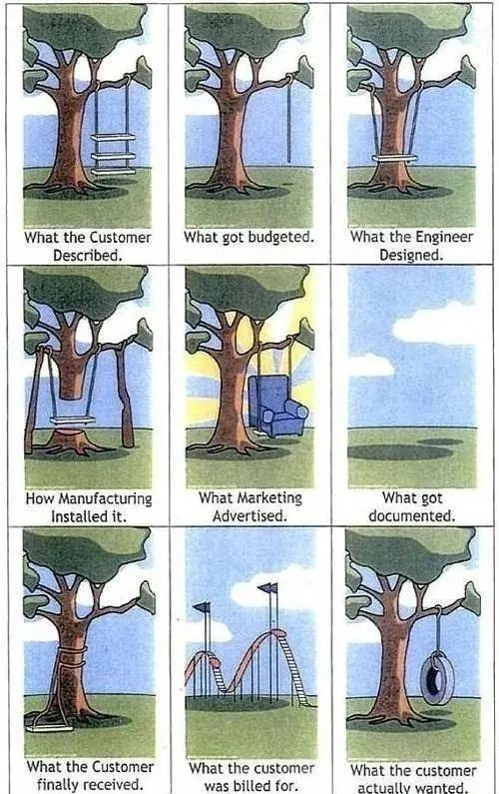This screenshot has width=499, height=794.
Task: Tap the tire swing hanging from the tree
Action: pos(437,678)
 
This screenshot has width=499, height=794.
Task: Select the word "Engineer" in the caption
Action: pos(444,237)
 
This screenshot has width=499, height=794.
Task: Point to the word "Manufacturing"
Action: pos(105,498)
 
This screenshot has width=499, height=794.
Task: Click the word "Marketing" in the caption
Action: pos(269,497)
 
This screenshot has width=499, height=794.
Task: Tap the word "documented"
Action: pos(411,516)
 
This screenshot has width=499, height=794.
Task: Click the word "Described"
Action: pos(88,255)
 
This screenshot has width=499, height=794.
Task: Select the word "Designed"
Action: pos(411,255)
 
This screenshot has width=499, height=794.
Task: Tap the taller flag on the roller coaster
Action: pos(267,588)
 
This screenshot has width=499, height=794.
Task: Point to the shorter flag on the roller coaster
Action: pos(202,607)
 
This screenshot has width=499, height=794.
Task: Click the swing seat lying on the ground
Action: pos(49,729)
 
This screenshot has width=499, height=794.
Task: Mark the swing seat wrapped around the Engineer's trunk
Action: pos(395,158)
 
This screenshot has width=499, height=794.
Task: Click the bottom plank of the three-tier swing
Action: pos(114,172)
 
